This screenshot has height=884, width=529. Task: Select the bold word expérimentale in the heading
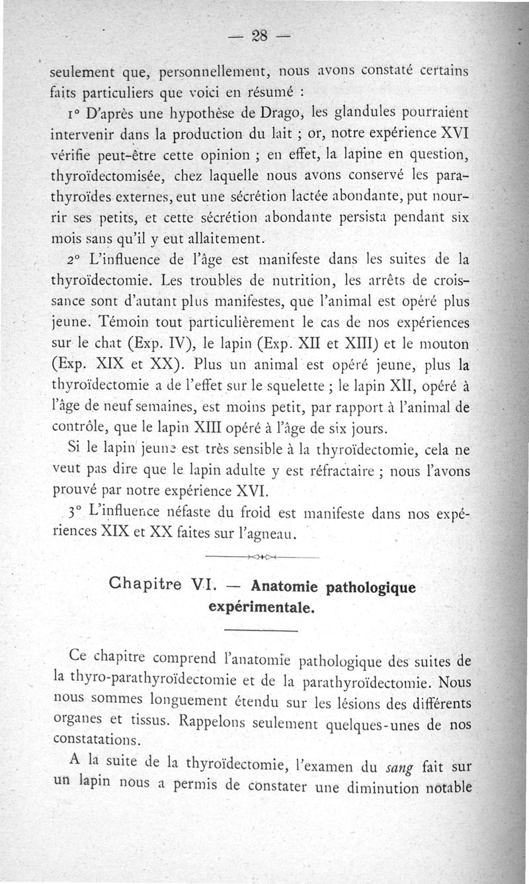click(x=261, y=607)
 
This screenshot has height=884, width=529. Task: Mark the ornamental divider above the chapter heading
click(x=263, y=558)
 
